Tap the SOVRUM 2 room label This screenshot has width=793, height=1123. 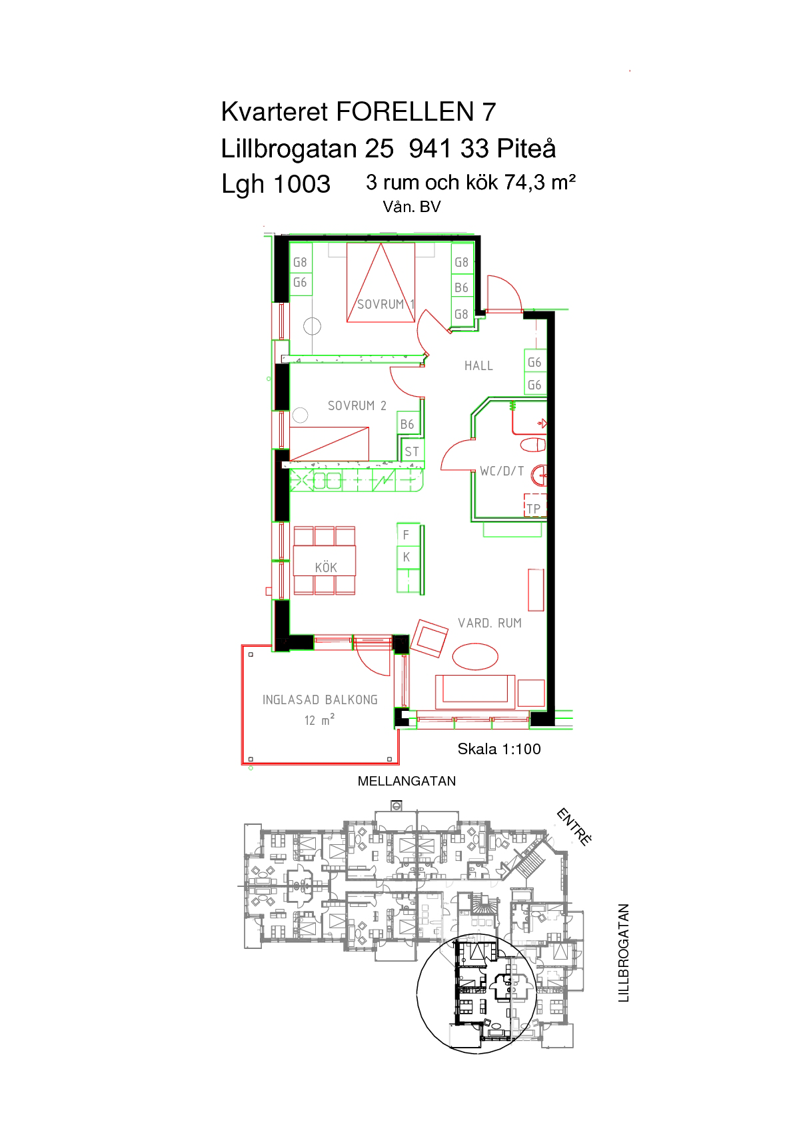pyautogui.click(x=357, y=405)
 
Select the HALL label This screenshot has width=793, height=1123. pyautogui.click(x=478, y=366)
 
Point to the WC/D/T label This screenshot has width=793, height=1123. pyautogui.click(x=502, y=471)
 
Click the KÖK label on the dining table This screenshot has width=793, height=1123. pyautogui.click(x=326, y=567)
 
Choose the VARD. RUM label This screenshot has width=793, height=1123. pyautogui.click(x=489, y=623)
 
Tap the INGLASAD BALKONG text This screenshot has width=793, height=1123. pyautogui.click(x=320, y=700)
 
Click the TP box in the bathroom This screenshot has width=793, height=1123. pyautogui.click(x=535, y=506)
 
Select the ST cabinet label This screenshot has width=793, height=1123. pyautogui.click(x=412, y=451)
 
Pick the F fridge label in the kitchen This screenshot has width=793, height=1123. pyautogui.click(x=406, y=535)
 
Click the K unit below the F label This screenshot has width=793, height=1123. pyautogui.click(x=406, y=557)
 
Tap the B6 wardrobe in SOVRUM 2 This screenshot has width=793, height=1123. pyautogui.click(x=407, y=425)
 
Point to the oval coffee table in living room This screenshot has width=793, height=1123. pyautogui.click(x=475, y=656)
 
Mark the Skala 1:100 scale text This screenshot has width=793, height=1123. pyautogui.click(x=499, y=749)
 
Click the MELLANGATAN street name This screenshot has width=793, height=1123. pyautogui.click(x=406, y=781)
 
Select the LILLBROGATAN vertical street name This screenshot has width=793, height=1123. pyautogui.click(x=623, y=953)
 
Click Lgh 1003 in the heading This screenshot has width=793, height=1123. pyautogui.click(x=276, y=185)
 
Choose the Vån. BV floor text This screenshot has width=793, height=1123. pyautogui.click(x=412, y=207)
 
